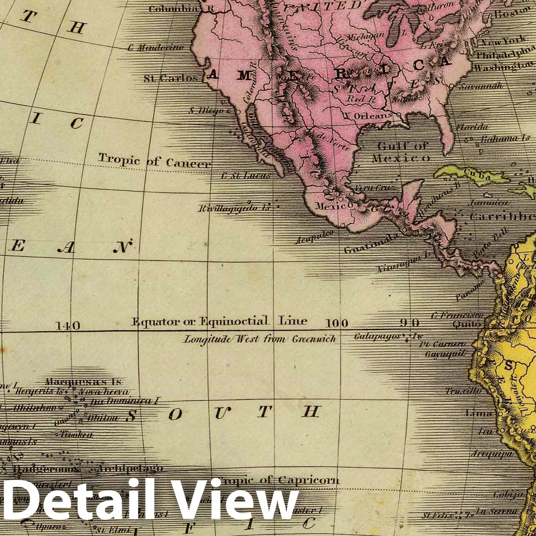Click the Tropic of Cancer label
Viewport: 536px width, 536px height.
[154, 161]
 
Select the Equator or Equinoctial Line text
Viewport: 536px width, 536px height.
[219, 321]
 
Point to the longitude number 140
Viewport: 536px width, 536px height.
[68, 325]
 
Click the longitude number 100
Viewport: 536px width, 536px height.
[337, 323]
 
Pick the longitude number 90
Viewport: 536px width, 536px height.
[409, 323]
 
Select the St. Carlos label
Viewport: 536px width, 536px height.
[171, 78]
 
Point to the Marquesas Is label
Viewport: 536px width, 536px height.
[84, 382]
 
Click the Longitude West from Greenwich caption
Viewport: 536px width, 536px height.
[260, 339]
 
